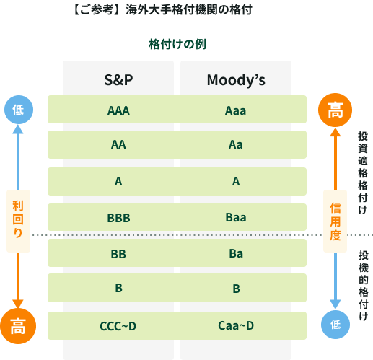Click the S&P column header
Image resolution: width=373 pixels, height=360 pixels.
(x=118, y=80)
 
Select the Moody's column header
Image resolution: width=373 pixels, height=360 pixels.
(x=236, y=80)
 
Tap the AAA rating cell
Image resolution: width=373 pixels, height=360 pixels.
(x=118, y=110)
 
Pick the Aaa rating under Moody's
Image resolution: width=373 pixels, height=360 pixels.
(x=235, y=110)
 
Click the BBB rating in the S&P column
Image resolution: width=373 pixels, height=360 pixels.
(x=118, y=218)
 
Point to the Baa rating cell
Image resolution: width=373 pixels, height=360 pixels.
(x=236, y=217)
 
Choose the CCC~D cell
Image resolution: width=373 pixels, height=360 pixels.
(x=118, y=326)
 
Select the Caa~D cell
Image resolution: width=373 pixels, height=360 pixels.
(x=236, y=325)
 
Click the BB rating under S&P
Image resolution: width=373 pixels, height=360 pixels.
(x=118, y=254)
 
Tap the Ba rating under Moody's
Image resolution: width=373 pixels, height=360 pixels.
(x=236, y=253)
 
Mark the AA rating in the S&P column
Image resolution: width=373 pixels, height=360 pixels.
(x=118, y=144)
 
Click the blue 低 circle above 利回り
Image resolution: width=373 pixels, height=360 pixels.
(x=19, y=110)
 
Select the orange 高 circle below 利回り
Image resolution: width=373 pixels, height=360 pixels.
(x=18, y=326)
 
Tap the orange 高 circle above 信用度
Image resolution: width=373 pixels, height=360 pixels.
(x=335, y=110)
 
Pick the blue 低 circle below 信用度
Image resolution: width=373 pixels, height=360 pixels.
(x=335, y=325)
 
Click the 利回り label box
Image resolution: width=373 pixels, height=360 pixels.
(x=18, y=221)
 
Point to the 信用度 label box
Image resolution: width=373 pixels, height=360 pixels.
(x=335, y=221)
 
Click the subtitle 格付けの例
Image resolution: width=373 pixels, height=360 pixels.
(x=177, y=44)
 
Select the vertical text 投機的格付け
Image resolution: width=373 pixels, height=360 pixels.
(x=364, y=286)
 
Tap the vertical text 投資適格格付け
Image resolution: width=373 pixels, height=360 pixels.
(x=363, y=172)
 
